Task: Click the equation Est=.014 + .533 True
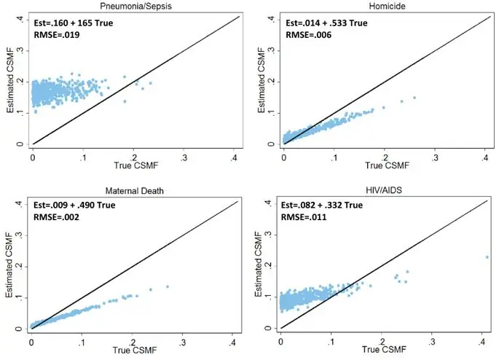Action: coord(327,23)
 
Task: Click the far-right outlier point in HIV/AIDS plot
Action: coord(487,257)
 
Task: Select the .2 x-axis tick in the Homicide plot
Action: coord(385,157)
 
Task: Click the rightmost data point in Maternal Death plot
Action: coord(167,286)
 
